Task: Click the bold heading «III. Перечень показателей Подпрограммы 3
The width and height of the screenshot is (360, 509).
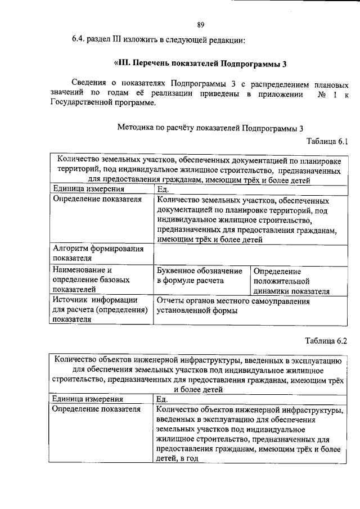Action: click(200, 63)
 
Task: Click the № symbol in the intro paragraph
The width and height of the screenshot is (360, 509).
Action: click(323, 93)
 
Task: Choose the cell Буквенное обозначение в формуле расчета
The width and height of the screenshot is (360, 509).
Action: click(200, 275)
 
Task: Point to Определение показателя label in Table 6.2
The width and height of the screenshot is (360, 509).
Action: click(96, 409)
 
